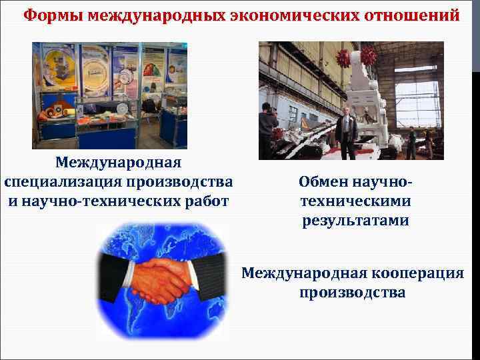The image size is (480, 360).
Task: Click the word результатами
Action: tap(354, 220)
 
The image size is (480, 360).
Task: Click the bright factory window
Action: tap(417, 103)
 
